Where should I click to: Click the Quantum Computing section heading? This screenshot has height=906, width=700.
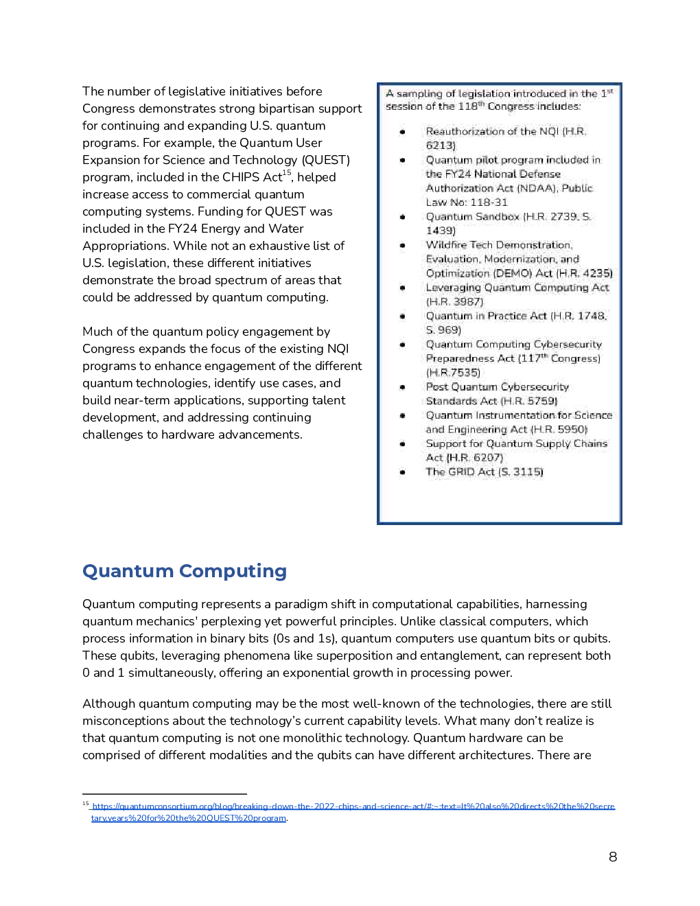[184, 571]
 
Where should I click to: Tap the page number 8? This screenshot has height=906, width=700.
[613, 857]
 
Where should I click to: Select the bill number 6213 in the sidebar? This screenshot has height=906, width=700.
[440, 146]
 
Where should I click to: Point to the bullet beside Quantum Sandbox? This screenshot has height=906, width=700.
[403, 217]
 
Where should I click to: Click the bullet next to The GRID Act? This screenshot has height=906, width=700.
[403, 472]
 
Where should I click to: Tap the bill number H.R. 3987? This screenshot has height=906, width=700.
[455, 302]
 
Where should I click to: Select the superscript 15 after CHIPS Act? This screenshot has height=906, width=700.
[287, 173]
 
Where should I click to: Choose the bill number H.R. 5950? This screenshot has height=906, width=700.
[560, 430]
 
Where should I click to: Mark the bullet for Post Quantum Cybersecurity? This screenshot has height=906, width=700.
[403, 387]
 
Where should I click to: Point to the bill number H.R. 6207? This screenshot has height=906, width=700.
[475, 458]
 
